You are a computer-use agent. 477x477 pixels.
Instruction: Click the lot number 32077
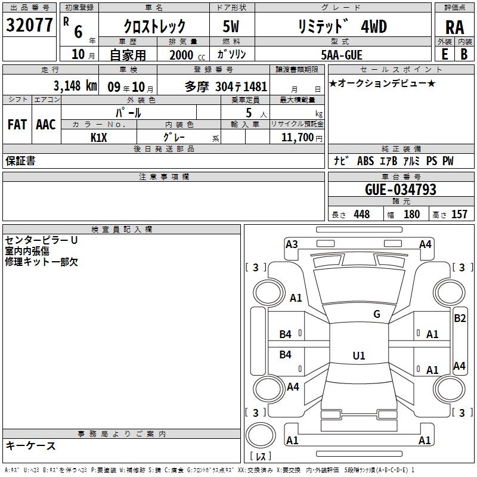point(29,25)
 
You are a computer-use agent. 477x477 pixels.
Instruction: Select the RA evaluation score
point(455,27)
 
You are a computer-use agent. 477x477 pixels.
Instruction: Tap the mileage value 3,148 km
point(75,86)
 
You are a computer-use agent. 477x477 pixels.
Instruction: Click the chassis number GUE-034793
point(401,190)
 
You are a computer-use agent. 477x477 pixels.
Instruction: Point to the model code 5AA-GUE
point(342,55)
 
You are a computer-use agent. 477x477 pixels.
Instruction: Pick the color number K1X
point(99,138)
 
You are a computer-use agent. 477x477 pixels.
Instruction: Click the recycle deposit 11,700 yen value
point(302,138)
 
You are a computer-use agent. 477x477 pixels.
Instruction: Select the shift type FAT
point(17,125)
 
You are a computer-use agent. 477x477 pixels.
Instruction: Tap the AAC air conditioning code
point(46,125)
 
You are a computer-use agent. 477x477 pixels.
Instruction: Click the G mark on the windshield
point(377,314)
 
